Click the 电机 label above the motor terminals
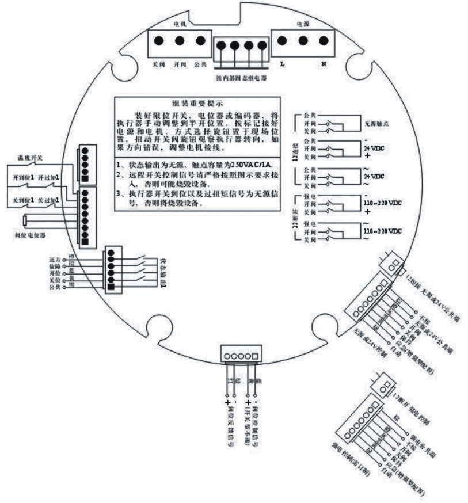[180, 25]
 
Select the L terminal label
[282, 64]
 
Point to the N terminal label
[324, 64]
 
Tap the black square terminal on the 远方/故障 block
[112, 285]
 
